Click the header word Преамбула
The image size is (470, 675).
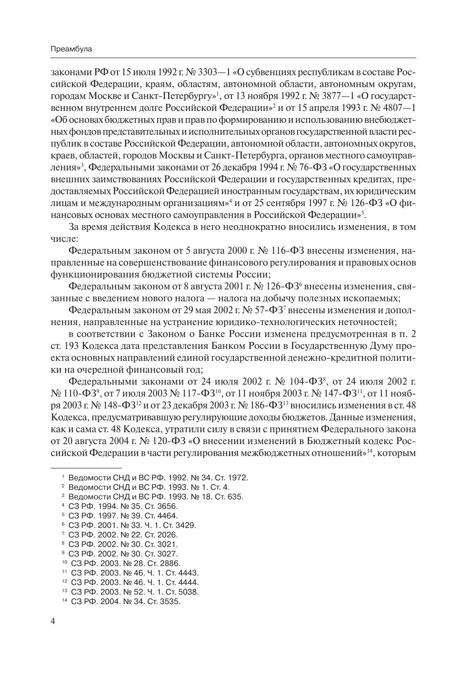click(x=71, y=49)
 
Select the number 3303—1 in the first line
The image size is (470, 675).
click(x=213, y=72)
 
